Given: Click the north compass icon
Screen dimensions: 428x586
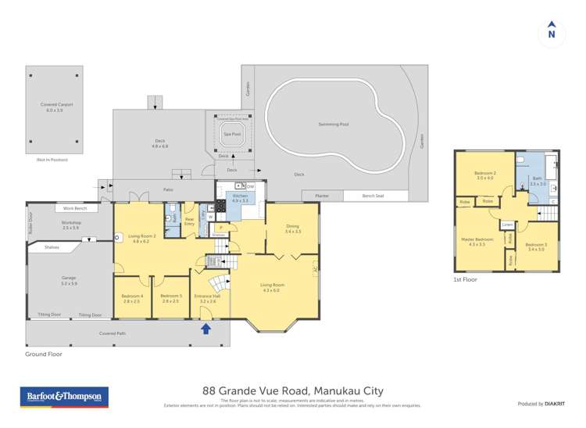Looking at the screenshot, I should pos(552,31).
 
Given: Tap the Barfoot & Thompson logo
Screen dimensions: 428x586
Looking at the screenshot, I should pos(64,397).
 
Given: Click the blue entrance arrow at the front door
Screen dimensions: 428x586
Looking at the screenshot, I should pos(206,329).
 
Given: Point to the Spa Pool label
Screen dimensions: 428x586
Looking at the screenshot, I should pos(232,134).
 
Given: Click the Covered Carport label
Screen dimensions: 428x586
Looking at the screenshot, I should pos(54,106).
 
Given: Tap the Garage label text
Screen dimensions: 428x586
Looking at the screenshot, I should pos(69,280).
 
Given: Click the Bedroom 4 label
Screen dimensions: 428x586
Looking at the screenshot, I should pos(131,297).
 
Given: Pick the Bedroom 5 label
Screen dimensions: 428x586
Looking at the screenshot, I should pos(170,297).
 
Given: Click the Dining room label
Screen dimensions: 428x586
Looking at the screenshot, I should pos(292,228).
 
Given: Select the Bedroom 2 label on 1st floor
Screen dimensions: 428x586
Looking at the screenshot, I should pos(484,174).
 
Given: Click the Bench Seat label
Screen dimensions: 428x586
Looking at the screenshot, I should pos(375,196).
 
